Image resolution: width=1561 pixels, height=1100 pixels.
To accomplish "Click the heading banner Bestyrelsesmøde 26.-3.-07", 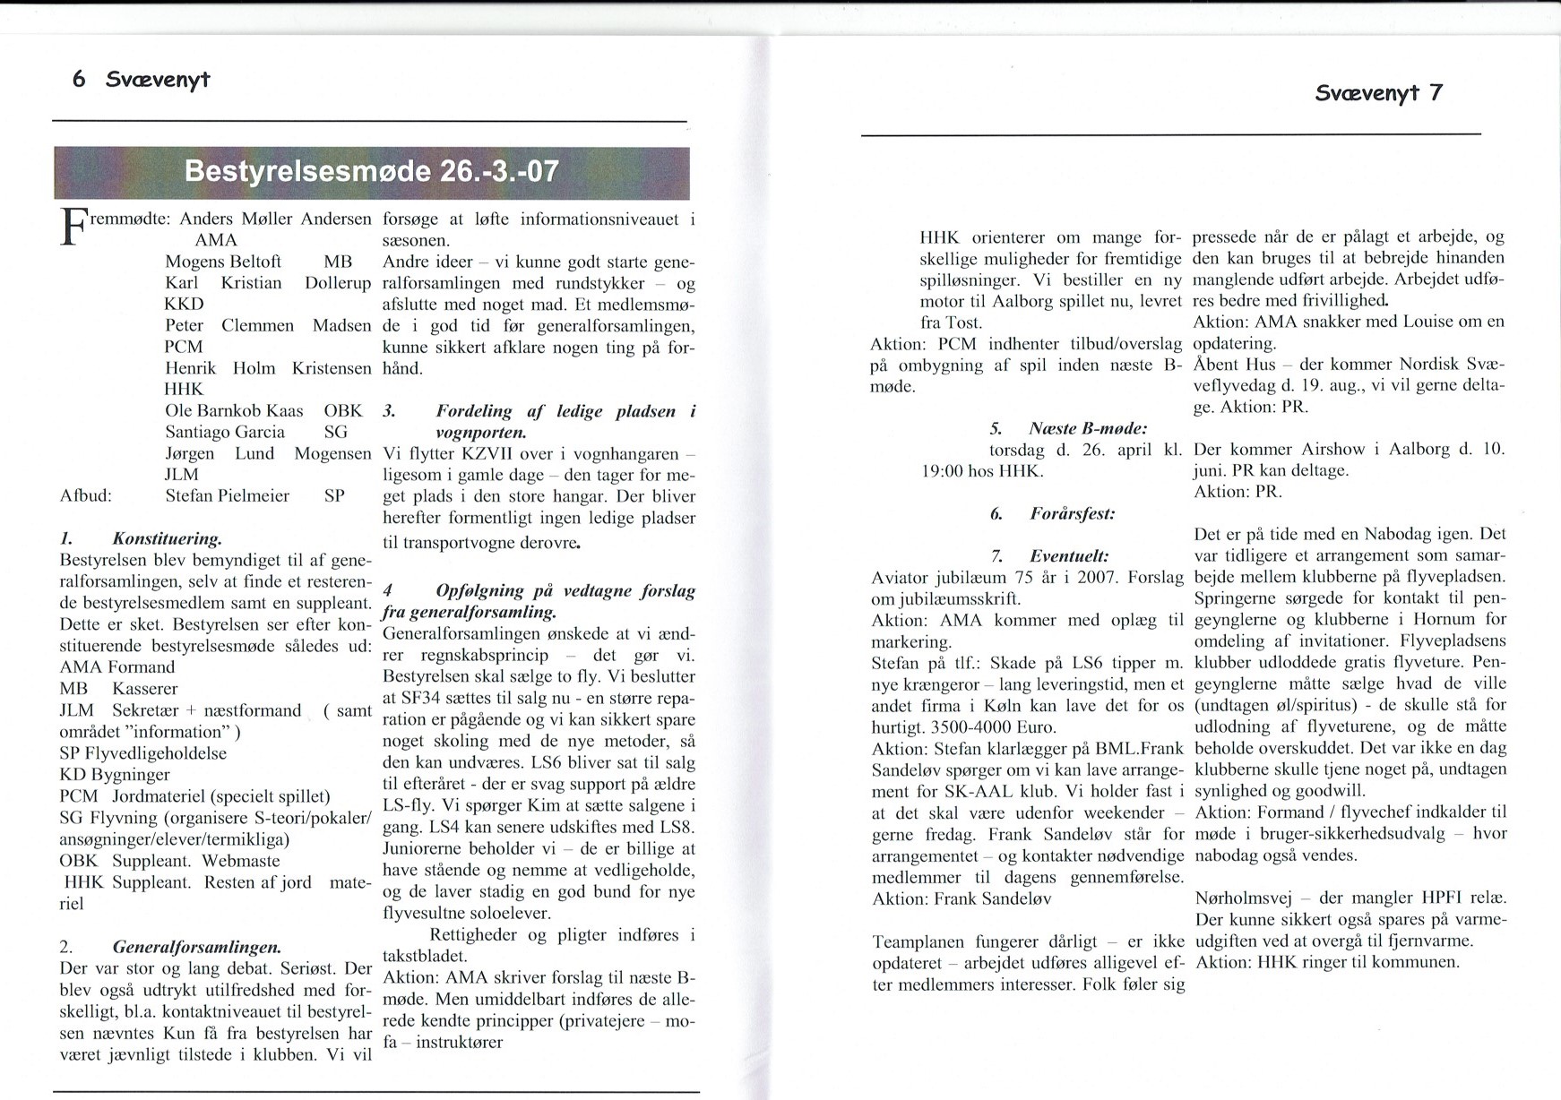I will tap(371, 171).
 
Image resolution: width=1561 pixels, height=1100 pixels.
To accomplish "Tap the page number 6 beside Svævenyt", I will tap(79, 80).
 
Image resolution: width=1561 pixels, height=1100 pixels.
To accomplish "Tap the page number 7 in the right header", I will tap(1436, 93).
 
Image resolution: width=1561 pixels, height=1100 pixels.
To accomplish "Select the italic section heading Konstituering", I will tap(166, 539).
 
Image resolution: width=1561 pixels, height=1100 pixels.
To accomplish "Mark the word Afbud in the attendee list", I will tap(85, 496).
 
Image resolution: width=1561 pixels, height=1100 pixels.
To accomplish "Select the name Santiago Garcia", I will tap(225, 432).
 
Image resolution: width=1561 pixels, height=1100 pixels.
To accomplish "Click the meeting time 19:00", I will tap(943, 471).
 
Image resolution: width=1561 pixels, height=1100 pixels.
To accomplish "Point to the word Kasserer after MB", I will tap(144, 689).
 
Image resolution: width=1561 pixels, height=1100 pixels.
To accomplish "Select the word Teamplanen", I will tap(918, 942).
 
